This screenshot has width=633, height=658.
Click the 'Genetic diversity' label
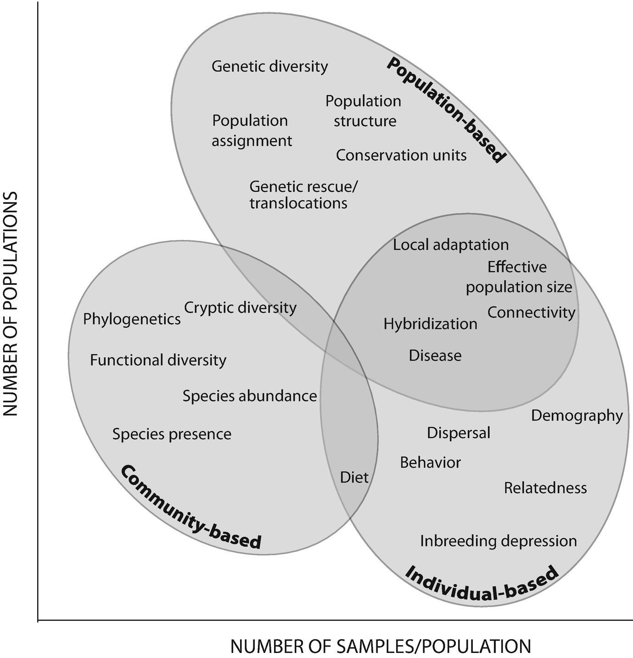(270, 67)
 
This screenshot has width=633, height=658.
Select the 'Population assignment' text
(252, 130)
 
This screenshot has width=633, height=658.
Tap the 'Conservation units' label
(401, 155)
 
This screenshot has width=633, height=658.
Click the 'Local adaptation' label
(451, 245)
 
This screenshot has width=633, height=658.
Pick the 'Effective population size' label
(519, 277)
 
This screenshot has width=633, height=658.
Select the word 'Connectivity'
(531, 312)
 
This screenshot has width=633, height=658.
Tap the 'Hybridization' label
(431, 324)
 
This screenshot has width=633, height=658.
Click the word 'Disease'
(435, 356)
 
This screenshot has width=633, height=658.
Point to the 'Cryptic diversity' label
(240, 307)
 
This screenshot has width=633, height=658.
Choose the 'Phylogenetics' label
(132, 319)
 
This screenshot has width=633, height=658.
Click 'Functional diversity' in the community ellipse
(158, 360)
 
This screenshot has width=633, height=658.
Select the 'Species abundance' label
(250, 396)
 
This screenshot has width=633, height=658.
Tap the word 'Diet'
(354, 478)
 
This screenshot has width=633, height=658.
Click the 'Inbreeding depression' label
(499, 541)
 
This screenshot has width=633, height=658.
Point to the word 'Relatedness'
(545, 488)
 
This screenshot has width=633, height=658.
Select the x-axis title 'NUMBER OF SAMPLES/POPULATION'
(381, 647)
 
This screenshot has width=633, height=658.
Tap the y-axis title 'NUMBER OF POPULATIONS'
(10, 304)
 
